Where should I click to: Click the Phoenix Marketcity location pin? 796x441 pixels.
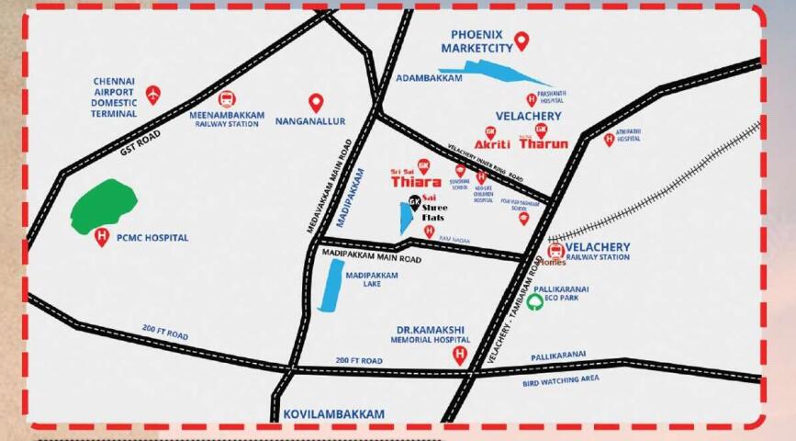pyautogui.click(x=521, y=40)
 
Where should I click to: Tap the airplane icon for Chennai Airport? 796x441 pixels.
pyautogui.click(x=152, y=94)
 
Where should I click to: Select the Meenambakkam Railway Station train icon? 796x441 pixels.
pyautogui.click(x=226, y=99)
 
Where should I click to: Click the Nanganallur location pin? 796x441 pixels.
pyautogui.click(x=316, y=103)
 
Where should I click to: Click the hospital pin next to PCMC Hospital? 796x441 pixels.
pyautogui.click(x=102, y=239)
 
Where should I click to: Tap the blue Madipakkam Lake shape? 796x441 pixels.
pyautogui.click(x=327, y=285)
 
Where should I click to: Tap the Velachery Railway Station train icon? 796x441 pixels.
pyautogui.click(x=555, y=250)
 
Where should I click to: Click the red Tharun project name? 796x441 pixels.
pyautogui.click(x=544, y=144)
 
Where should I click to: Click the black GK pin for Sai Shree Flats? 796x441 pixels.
pyautogui.click(x=415, y=202)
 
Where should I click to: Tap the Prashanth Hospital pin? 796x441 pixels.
pyautogui.click(x=531, y=99)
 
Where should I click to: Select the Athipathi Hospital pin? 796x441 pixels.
pyautogui.click(x=609, y=140)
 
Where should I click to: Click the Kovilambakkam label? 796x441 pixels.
pyautogui.click(x=333, y=414)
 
